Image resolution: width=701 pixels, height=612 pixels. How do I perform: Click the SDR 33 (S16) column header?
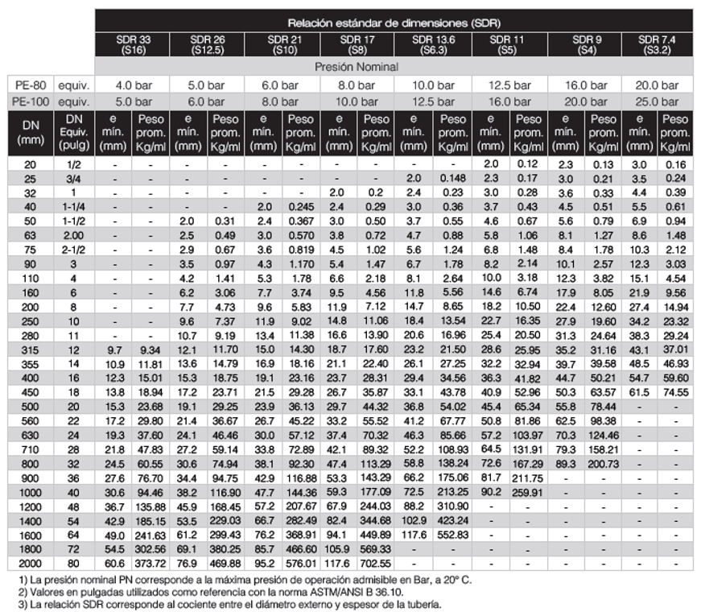point(133,43)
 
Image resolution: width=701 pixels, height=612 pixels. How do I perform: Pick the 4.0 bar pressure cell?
point(134,85)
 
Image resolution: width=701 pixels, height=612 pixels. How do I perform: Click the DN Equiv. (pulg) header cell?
point(78,132)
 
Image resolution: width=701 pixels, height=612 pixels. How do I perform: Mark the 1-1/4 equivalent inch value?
point(78,206)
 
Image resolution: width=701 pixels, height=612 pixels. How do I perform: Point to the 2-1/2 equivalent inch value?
point(78,250)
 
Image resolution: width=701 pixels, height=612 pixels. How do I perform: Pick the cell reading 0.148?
point(453,177)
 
